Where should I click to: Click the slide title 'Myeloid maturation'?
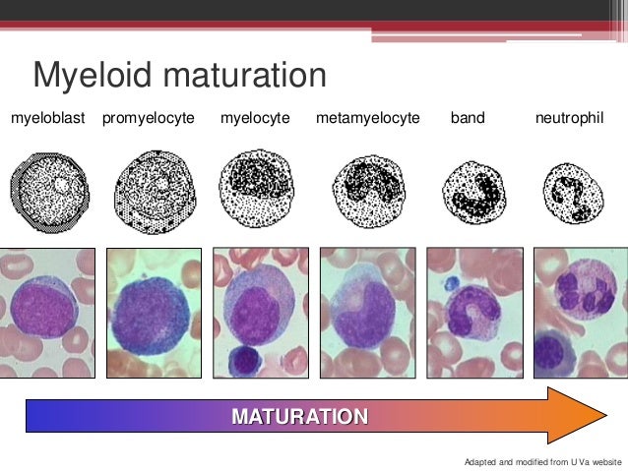[x=178, y=76]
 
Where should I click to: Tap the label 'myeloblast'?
[x=48, y=118]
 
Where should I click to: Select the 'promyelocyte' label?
[x=149, y=118]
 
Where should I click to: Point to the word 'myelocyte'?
[x=255, y=118]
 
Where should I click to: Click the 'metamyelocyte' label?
[x=367, y=118]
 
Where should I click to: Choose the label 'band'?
[x=468, y=118]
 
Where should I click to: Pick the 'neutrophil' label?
[x=569, y=118]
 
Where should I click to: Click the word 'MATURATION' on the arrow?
[x=300, y=415]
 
